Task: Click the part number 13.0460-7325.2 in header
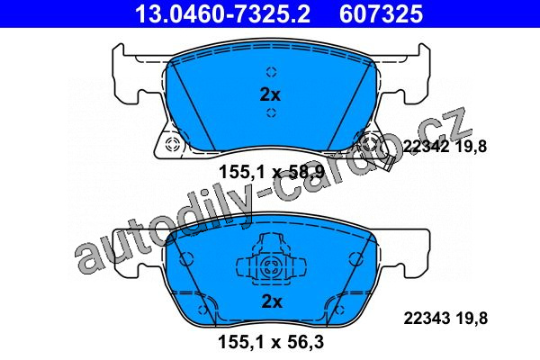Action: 223,13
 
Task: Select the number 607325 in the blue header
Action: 381,13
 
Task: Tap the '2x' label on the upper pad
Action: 270,94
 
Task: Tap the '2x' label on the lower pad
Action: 272,301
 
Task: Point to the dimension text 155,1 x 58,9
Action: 272,172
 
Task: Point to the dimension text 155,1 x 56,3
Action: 271,342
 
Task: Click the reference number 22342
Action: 426,147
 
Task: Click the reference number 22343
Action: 427,318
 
